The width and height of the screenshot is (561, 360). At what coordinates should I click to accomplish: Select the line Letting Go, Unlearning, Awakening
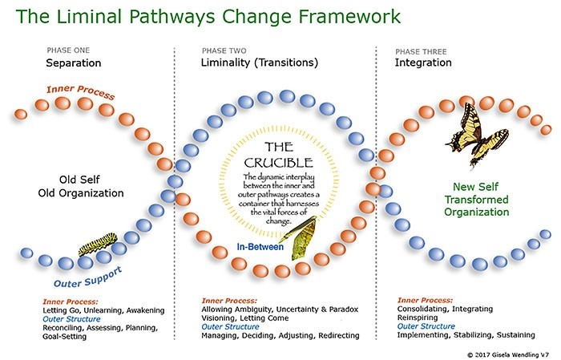point(103,309)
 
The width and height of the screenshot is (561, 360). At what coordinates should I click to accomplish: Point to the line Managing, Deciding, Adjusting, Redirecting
point(280,335)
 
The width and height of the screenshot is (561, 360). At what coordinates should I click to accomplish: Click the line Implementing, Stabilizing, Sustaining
point(467,335)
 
